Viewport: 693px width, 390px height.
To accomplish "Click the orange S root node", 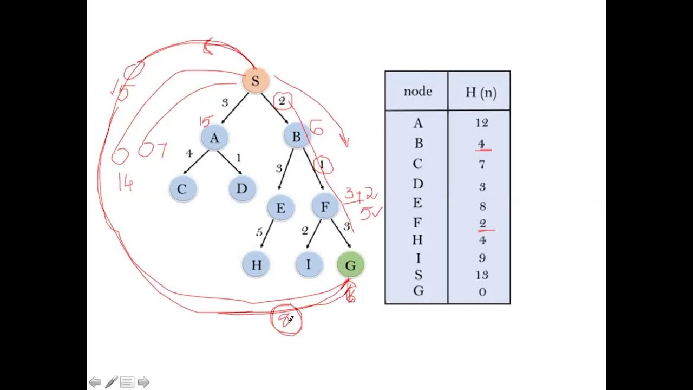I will [x=255, y=82].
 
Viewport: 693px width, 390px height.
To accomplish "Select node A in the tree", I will [x=214, y=138].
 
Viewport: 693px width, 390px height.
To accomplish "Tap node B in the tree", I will [x=296, y=137].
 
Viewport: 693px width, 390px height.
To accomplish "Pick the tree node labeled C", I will [x=182, y=190].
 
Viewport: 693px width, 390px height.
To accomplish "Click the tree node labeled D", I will [x=241, y=189].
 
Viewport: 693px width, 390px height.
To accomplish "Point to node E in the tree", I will [x=280, y=209].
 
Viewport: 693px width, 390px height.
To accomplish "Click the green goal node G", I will [x=350, y=265].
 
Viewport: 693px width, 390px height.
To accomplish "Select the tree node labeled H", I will [x=256, y=265].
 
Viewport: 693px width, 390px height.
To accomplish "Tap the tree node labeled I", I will [x=309, y=265].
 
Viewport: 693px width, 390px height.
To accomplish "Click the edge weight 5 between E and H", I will [x=259, y=232].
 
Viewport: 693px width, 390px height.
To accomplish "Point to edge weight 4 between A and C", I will [x=189, y=154].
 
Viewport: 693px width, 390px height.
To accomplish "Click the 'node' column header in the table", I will [x=417, y=92].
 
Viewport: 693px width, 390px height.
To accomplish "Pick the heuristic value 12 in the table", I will [x=481, y=123].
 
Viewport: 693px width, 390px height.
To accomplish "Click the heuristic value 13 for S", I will [x=481, y=275].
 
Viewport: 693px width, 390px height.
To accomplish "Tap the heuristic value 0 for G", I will [x=482, y=292].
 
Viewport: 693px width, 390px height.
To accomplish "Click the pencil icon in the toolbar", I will [x=111, y=382].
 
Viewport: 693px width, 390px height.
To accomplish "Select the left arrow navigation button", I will [x=95, y=382].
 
